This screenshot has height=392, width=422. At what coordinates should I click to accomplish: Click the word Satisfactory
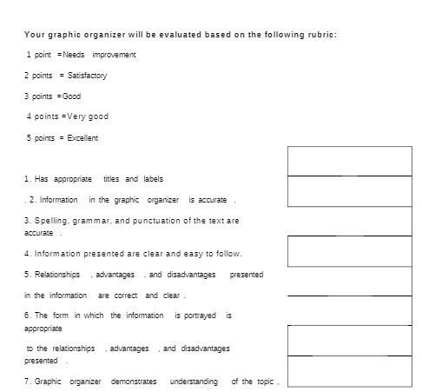[x=87, y=76]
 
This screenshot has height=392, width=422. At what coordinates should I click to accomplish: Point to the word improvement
[x=115, y=55]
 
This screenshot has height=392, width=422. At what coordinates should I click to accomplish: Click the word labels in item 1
[x=151, y=179]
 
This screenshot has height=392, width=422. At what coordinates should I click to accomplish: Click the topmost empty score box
[x=349, y=161]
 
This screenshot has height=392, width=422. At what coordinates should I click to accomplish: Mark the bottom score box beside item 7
[x=349, y=371]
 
